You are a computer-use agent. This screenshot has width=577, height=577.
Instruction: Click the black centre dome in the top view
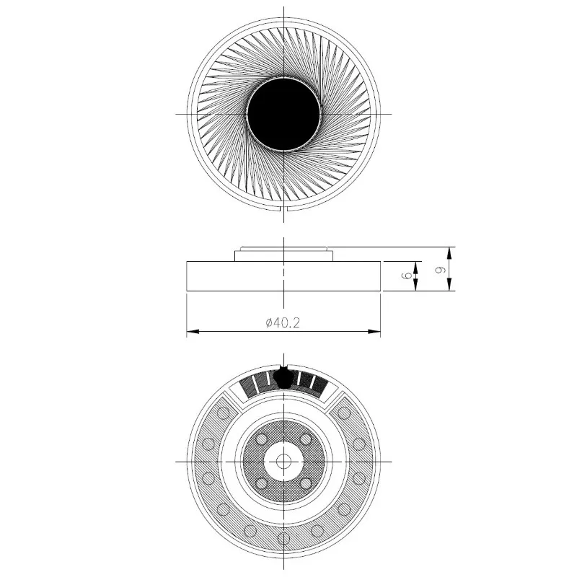pyautogui.click(x=283, y=114)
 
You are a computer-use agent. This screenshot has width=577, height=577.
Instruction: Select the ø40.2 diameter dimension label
pyautogui.click(x=283, y=323)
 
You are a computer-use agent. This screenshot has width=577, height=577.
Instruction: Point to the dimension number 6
pyautogui.click(x=408, y=276)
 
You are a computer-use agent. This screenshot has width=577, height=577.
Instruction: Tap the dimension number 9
pyautogui.click(x=440, y=269)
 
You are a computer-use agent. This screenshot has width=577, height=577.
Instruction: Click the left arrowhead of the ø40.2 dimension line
pyautogui.click(x=193, y=332)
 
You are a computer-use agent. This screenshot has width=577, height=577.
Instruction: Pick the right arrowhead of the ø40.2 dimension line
pyautogui.click(x=374, y=332)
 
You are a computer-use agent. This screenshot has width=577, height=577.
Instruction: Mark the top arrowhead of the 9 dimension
pyautogui.click(x=449, y=253)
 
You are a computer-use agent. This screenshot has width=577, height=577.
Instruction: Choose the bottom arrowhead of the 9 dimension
pyautogui.click(x=449, y=284)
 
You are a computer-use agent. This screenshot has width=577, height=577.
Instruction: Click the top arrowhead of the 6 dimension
pyautogui.click(x=416, y=268)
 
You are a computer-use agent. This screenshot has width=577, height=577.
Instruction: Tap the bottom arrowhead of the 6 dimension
pyautogui.click(x=416, y=284)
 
